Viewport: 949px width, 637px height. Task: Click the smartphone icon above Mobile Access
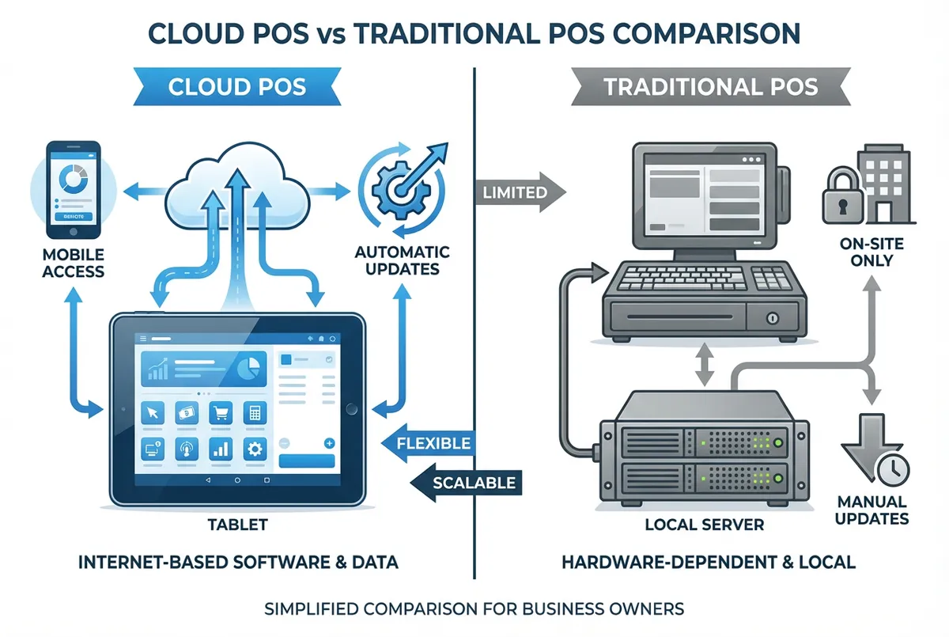73,189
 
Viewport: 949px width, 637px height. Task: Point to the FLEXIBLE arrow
428,443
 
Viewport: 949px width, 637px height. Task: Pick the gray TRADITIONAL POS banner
710,85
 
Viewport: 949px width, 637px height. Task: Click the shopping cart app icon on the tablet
219,413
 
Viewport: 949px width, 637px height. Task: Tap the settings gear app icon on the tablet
255,449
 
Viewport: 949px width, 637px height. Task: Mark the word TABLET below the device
238,524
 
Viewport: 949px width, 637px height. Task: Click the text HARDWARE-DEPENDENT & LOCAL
708,563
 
